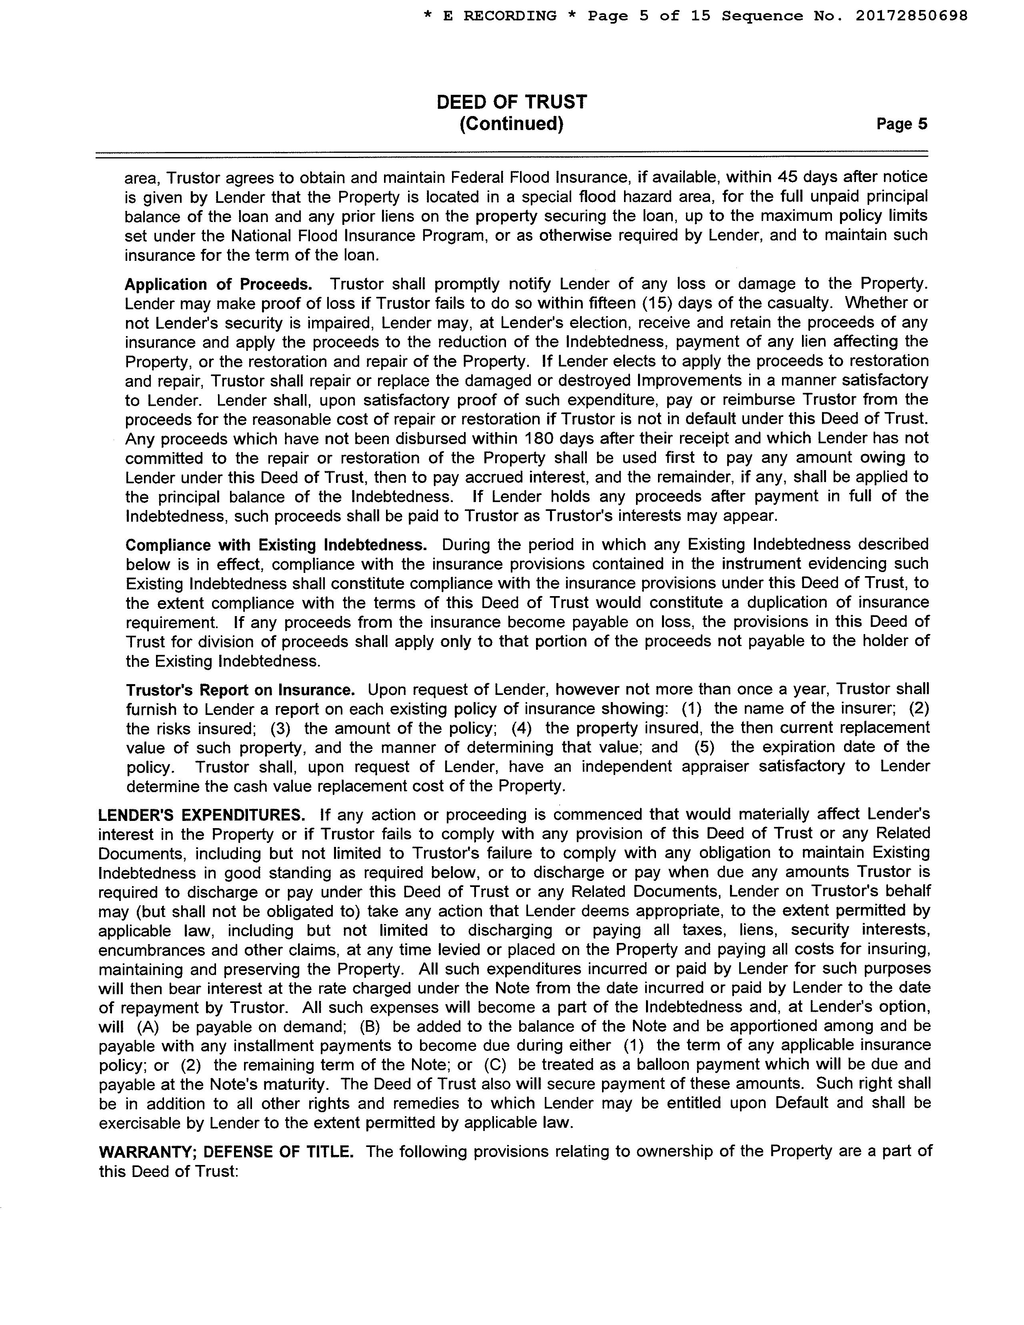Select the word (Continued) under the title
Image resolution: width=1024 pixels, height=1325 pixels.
coord(511,124)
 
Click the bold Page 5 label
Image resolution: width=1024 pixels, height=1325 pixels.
coord(902,124)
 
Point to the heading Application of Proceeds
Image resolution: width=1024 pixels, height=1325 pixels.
coord(218,284)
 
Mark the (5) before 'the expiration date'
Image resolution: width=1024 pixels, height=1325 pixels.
coord(704,747)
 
